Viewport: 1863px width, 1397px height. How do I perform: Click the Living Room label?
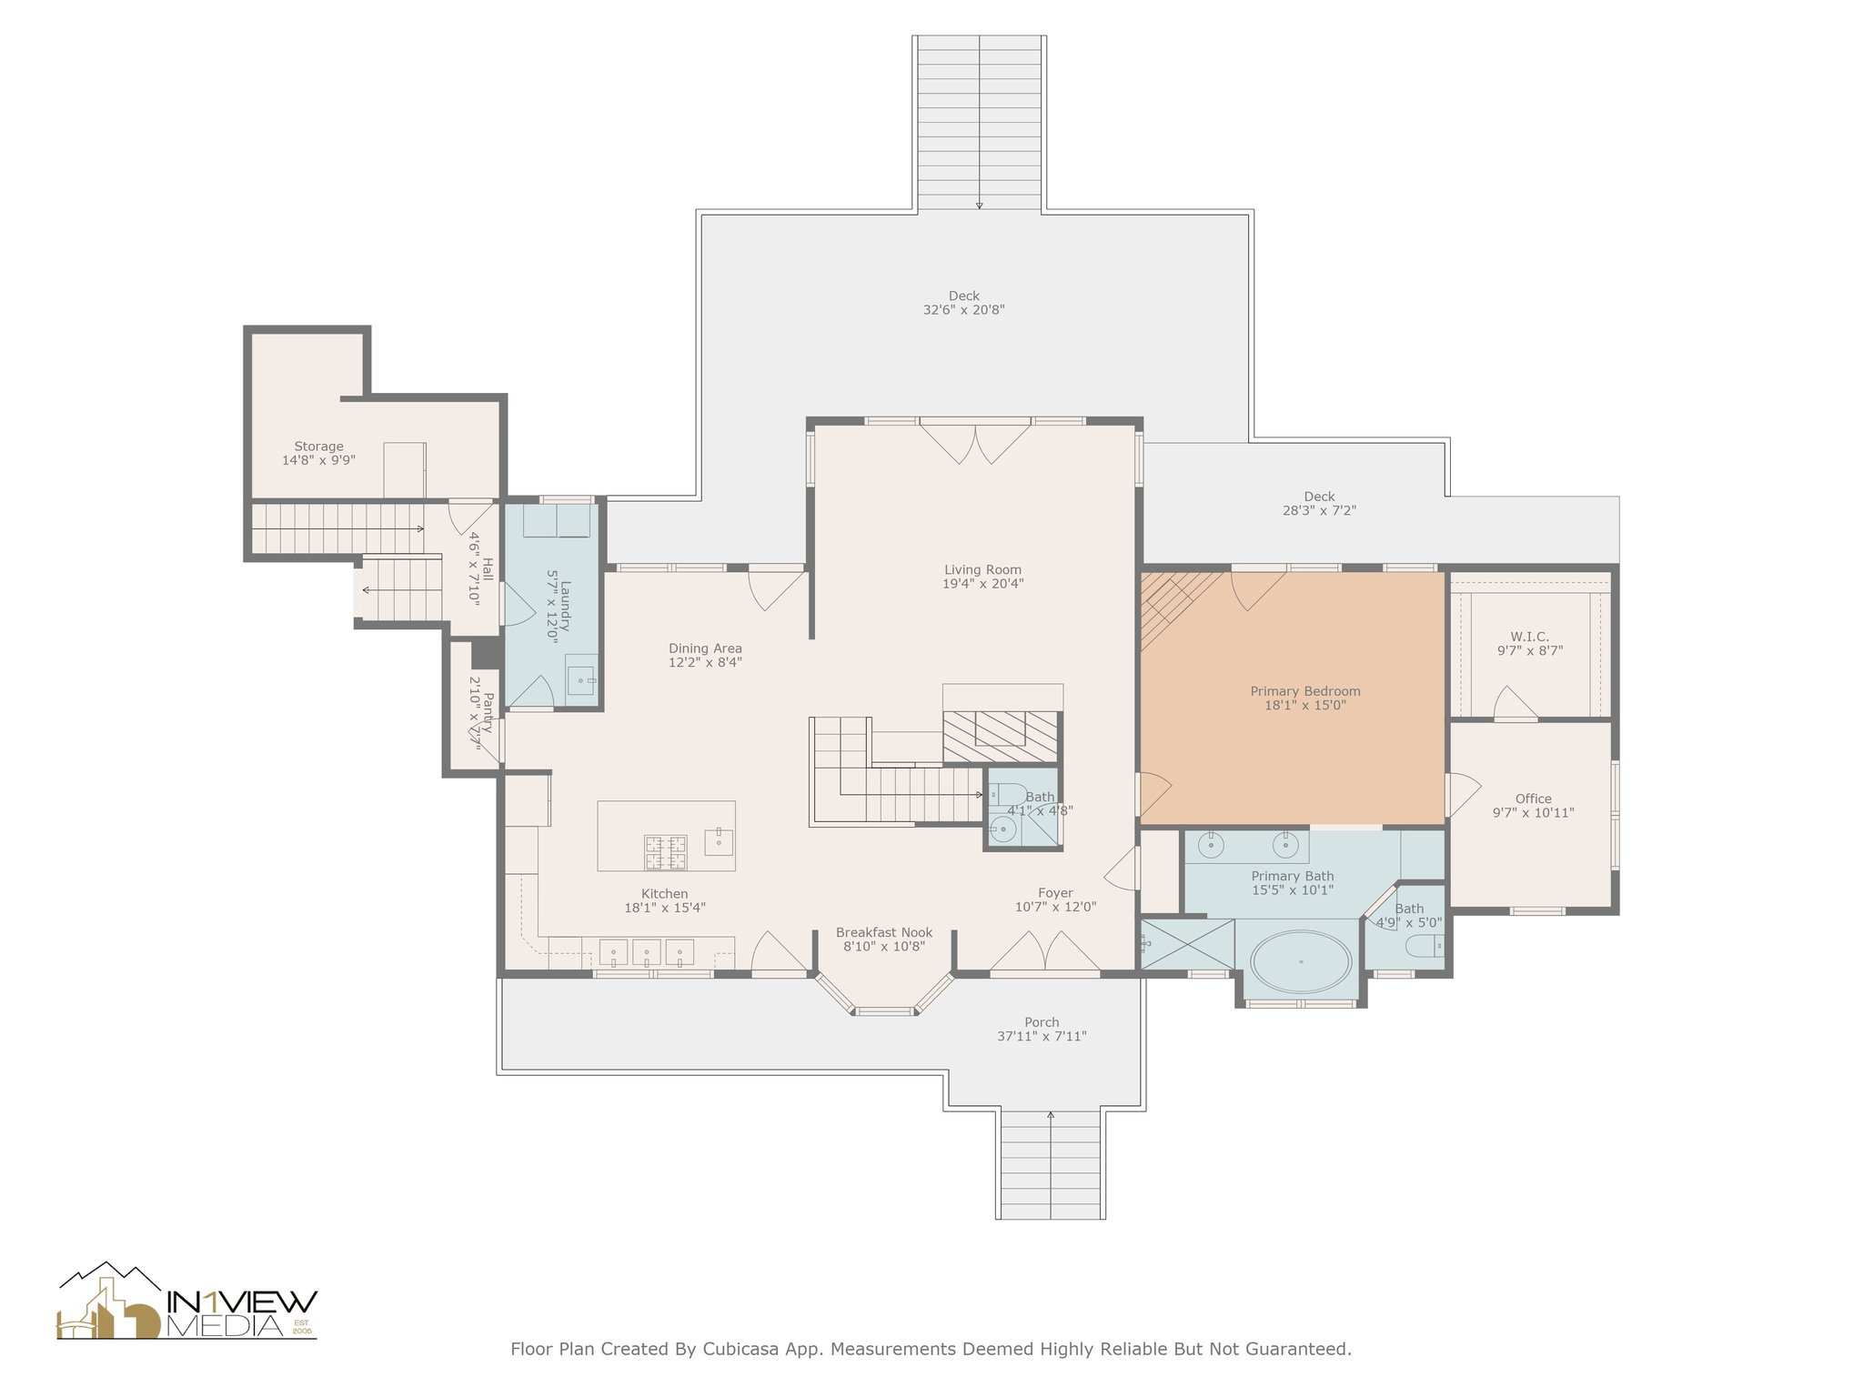(x=982, y=577)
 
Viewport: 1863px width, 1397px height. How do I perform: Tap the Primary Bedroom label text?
(x=1305, y=698)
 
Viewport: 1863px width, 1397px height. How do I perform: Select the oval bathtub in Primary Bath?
(x=1301, y=961)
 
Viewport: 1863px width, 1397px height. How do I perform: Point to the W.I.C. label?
(x=1530, y=643)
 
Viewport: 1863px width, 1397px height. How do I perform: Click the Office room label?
(x=1534, y=806)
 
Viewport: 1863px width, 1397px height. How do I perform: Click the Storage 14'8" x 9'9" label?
(x=318, y=453)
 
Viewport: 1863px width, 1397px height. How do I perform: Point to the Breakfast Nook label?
(x=884, y=939)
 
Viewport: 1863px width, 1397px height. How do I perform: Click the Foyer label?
(x=1056, y=900)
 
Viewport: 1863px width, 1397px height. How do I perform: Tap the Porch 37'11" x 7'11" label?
(x=1042, y=1029)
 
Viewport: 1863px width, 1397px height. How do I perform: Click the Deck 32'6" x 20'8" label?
(x=964, y=302)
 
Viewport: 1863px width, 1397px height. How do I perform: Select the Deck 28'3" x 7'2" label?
(x=1319, y=503)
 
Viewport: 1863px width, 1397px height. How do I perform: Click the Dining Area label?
(x=705, y=655)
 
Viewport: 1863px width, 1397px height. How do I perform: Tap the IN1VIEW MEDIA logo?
(x=187, y=1301)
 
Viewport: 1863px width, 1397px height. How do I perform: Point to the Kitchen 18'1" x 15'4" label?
(x=665, y=900)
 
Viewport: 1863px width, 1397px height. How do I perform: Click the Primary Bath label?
(x=1293, y=883)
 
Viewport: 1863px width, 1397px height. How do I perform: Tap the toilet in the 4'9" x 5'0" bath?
(x=1425, y=948)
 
